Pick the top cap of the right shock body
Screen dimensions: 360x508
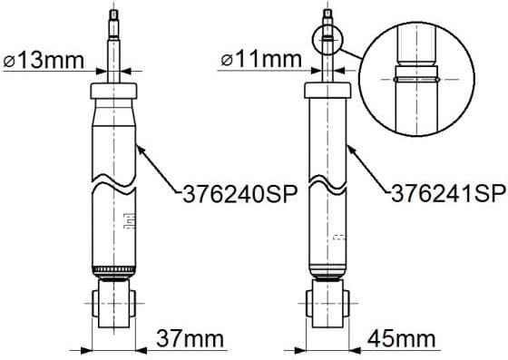(328, 90)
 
